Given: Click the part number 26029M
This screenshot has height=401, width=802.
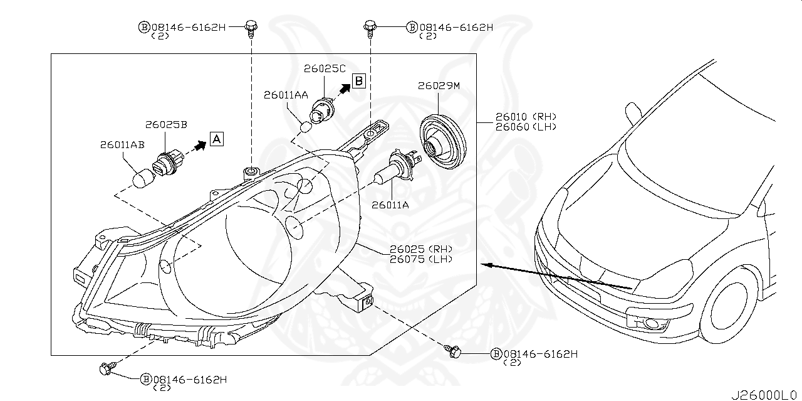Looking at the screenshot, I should [438, 87].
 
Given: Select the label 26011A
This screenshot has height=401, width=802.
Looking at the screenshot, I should [390, 204].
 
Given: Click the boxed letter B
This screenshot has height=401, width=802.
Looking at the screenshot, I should [358, 80].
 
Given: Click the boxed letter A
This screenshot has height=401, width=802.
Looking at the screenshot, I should [216, 139].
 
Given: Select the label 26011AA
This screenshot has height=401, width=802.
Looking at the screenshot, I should [286, 95].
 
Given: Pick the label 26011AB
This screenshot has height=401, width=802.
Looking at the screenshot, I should [122, 144].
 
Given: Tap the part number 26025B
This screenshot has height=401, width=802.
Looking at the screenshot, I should [166, 124].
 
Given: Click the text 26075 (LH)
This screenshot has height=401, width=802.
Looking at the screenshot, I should [420, 259].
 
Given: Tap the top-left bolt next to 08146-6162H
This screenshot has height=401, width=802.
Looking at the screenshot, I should [251, 27].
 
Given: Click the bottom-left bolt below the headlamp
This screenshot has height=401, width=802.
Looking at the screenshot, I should [105, 369].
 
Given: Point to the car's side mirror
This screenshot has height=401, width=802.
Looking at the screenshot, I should [633, 114].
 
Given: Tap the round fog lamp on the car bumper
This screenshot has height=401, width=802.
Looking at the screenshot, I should [652, 324].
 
